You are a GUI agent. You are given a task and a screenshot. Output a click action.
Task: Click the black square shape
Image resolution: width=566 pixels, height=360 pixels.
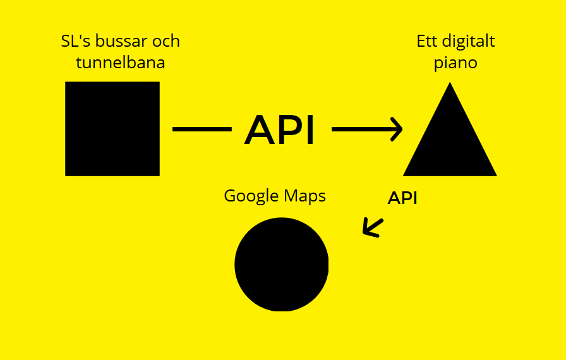point(112,129)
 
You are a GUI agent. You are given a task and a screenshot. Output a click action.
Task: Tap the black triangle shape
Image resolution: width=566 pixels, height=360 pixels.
point(450,142)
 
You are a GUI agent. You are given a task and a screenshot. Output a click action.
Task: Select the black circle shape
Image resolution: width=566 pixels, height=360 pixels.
point(282,265)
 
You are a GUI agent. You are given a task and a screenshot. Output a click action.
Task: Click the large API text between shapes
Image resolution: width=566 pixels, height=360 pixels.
point(279,130)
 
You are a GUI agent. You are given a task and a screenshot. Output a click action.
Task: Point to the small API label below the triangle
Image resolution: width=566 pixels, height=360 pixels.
point(402,198)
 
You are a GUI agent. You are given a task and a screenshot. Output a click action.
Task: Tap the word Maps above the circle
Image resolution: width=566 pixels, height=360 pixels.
point(306,196)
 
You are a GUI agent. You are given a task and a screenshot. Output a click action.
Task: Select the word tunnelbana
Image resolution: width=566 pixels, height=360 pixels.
point(121,63)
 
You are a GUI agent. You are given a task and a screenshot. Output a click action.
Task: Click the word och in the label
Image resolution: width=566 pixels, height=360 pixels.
point(166,42)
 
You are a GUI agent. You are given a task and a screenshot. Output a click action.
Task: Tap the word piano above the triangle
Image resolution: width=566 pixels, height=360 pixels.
point(456,64)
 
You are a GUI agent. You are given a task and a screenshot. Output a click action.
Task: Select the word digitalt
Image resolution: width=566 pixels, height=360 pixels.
point(469,42)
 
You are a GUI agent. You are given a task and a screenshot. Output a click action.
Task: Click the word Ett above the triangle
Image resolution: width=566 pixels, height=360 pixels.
point(427,42)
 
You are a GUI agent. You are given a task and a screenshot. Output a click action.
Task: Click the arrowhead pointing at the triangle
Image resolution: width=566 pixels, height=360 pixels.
point(397,129)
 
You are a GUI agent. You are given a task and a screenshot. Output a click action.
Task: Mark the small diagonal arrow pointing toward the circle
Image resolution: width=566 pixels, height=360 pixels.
point(373,227)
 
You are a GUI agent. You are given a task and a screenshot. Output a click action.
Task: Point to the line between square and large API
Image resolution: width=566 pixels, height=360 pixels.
point(202,129)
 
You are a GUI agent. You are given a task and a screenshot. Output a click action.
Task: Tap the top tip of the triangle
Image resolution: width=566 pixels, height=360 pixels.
point(450,85)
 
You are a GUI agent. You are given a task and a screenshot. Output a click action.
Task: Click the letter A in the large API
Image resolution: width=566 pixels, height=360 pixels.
point(261,130)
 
